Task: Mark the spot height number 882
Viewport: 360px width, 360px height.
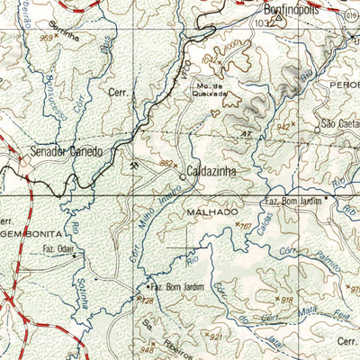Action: point(165,163)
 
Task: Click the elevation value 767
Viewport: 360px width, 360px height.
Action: point(244,225)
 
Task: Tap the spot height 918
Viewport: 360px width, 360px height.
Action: point(287,300)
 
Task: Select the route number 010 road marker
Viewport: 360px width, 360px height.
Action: point(351,15)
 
